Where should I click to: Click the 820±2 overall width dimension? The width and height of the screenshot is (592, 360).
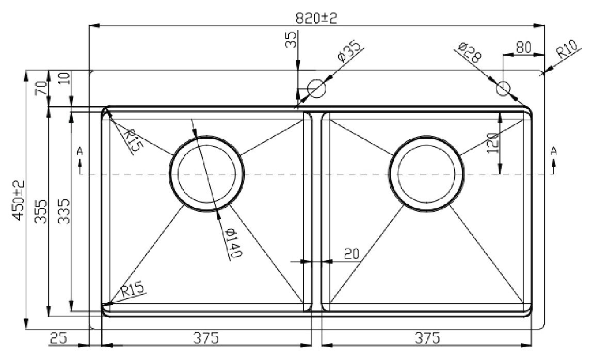tap(316, 18)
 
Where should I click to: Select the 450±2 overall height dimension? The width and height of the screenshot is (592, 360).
tap(19, 200)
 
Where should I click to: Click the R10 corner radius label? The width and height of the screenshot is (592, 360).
tap(567, 48)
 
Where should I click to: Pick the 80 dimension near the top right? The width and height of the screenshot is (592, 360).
tap(523, 47)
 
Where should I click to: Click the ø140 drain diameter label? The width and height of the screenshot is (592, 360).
tap(232, 243)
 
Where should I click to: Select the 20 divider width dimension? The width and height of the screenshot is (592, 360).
tap(351, 254)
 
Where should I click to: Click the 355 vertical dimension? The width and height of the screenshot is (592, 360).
tap(41, 211)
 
